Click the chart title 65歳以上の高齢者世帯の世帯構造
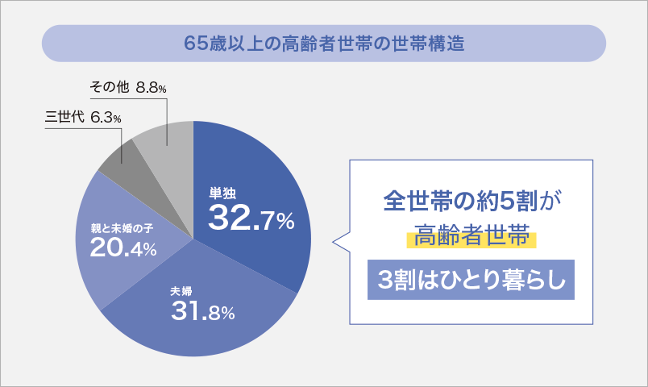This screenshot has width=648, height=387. (323, 43)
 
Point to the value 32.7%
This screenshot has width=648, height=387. (251, 218)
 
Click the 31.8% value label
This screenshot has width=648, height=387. (202, 310)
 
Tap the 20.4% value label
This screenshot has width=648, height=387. (123, 248)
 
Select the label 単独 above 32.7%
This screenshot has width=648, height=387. (222, 193)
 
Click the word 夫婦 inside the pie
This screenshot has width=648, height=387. (181, 291)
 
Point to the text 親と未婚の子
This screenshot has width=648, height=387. (122, 229)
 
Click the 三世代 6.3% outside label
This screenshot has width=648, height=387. (84, 118)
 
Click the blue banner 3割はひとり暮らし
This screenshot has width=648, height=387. (471, 280)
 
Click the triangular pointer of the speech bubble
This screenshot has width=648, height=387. (342, 240)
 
